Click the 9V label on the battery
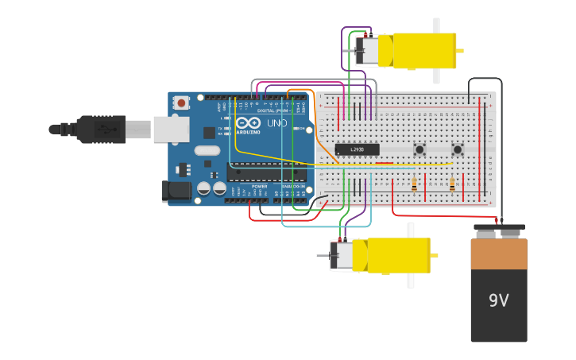point(498,300)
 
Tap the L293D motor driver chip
point(357,149)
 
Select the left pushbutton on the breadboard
point(419,149)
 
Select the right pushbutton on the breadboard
point(458,149)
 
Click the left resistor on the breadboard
point(414,184)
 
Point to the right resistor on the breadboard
point(452,184)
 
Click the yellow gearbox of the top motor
point(417,50)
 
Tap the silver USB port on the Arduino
point(170,129)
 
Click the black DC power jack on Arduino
point(176,191)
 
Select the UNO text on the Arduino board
point(276,124)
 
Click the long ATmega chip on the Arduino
point(266,172)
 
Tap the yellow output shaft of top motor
point(460,51)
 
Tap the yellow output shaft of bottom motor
point(434,255)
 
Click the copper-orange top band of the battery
point(498,254)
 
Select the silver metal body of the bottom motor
point(341,255)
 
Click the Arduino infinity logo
point(248,123)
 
